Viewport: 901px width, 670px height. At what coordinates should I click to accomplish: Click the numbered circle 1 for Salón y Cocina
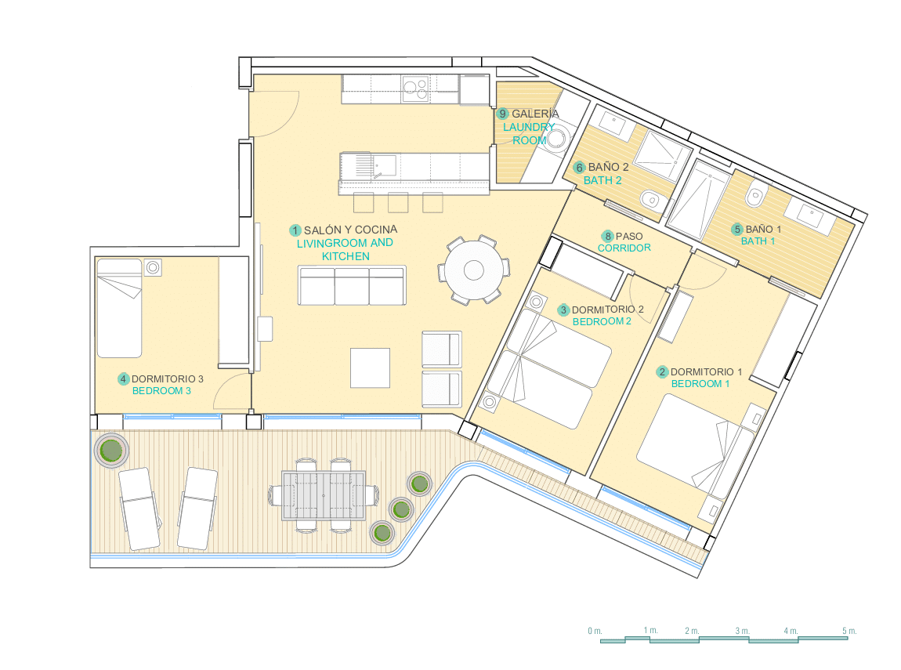(x=295, y=230)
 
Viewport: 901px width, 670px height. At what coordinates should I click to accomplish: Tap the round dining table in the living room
(x=474, y=270)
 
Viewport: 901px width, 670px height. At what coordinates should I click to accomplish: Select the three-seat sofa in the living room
(x=352, y=285)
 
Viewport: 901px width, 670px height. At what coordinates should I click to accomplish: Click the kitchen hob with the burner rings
(x=416, y=89)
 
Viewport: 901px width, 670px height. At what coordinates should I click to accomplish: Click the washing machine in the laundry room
(x=556, y=139)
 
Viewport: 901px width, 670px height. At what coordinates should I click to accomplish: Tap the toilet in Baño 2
(x=651, y=199)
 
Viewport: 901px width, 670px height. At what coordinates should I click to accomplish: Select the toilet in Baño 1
(x=755, y=195)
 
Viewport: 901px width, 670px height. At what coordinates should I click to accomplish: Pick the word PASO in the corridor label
(x=629, y=236)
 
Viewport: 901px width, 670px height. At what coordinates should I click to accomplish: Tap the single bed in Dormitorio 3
(x=120, y=308)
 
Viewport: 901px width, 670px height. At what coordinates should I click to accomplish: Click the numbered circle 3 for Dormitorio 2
(x=563, y=310)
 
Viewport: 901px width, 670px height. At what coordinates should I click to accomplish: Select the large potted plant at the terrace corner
(x=111, y=450)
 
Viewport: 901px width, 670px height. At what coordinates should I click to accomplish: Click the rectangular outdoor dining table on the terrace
(x=324, y=495)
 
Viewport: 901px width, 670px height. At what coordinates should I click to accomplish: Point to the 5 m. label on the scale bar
(x=849, y=631)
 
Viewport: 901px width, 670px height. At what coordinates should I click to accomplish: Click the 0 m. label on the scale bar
(x=595, y=631)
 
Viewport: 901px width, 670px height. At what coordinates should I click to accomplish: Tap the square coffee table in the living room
(x=370, y=368)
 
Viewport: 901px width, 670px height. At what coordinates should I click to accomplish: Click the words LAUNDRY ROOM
(x=529, y=133)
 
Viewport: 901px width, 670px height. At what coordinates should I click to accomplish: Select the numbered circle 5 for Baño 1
(x=737, y=230)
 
